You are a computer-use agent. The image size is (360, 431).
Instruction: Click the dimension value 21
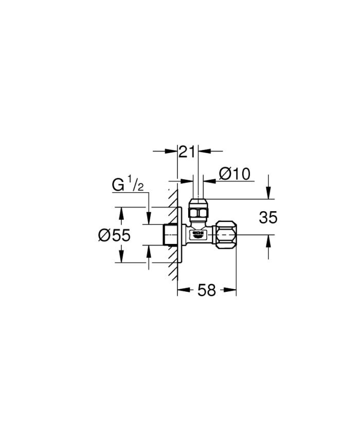pyautogui.click(x=188, y=152)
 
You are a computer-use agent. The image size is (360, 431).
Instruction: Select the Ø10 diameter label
pyautogui.click(x=235, y=174)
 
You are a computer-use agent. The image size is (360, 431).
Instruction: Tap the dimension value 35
pyautogui.click(x=268, y=218)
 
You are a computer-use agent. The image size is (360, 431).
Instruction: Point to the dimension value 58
pyautogui.click(x=207, y=290)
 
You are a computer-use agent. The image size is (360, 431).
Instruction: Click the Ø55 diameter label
pyautogui.click(x=114, y=235)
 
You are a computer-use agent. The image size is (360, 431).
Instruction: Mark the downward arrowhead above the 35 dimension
pyautogui.click(x=268, y=195)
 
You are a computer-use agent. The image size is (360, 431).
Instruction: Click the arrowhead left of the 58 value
pyautogui.click(x=182, y=290)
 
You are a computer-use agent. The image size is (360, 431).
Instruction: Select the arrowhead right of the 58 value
pyautogui.click(x=231, y=290)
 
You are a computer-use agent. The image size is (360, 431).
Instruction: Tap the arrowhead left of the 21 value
pyautogui.click(x=173, y=152)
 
